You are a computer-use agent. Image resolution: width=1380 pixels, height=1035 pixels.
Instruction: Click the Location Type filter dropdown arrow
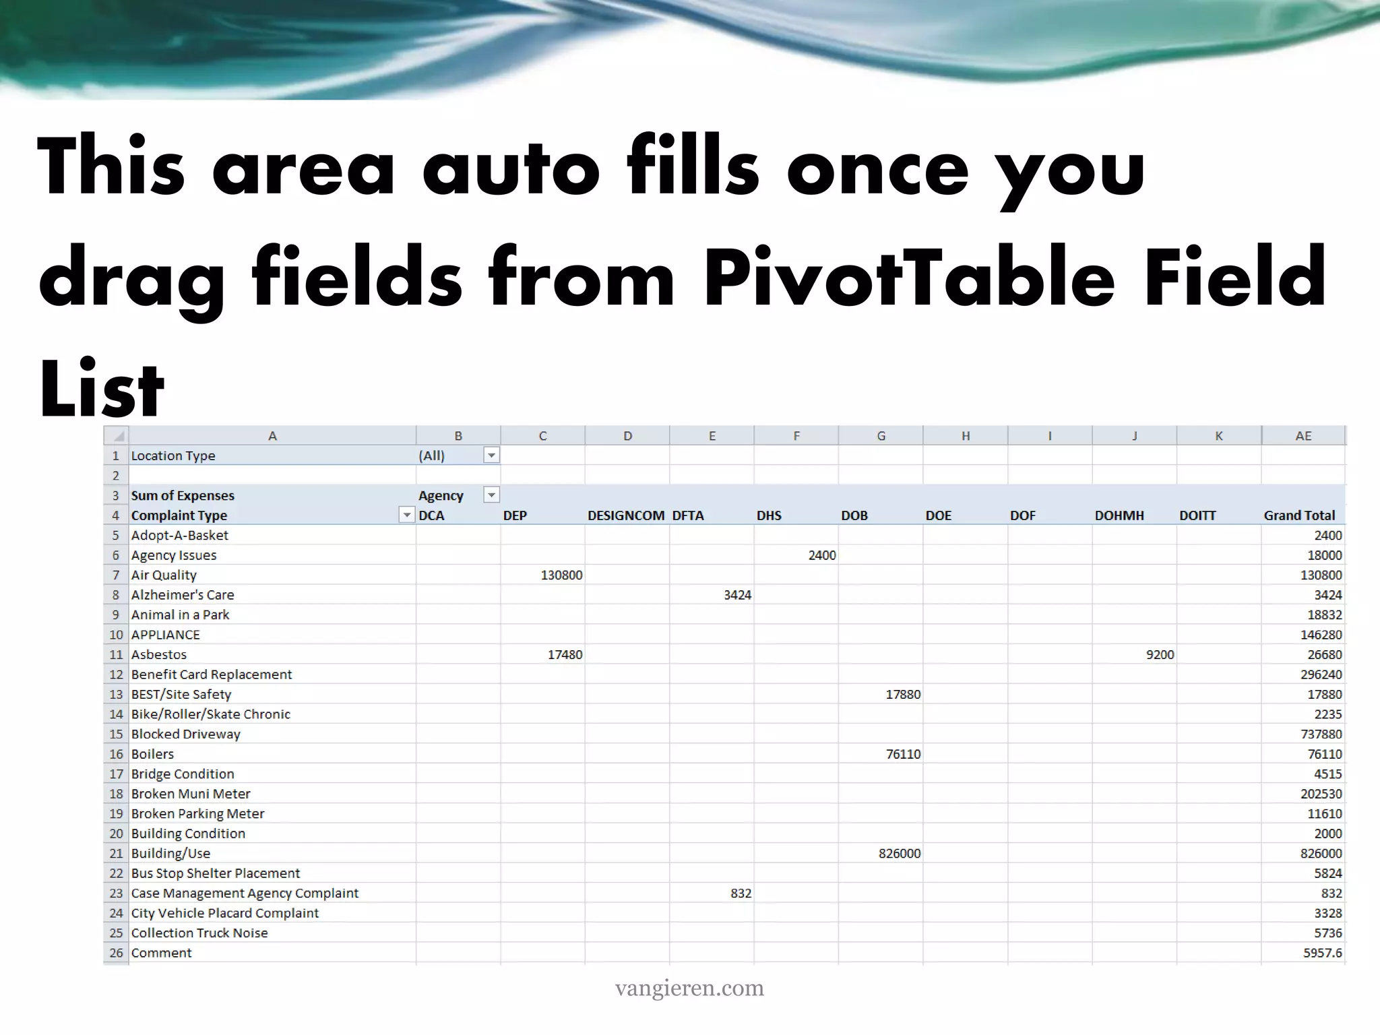click(492, 456)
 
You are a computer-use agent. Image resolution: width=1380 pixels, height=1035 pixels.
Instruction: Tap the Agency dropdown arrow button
click(492, 495)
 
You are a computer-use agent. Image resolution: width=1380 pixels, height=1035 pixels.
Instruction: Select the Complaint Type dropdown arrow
click(407, 515)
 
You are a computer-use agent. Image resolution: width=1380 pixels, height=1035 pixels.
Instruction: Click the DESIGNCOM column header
click(626, 515)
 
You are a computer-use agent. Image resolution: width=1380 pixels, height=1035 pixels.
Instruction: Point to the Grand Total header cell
click(1298, 515)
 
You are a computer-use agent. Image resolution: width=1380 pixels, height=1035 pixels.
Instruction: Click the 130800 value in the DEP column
click(561, 575)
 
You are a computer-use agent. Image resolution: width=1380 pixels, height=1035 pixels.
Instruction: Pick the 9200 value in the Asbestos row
click(1160, 654)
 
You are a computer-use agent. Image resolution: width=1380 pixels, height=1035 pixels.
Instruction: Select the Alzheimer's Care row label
click(183, 595)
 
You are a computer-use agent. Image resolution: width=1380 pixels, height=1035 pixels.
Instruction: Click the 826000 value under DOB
click(899, 853)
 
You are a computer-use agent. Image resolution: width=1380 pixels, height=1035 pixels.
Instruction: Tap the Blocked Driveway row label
click(186, 734)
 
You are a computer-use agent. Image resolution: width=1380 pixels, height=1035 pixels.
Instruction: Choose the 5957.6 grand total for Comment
click(1322, 953)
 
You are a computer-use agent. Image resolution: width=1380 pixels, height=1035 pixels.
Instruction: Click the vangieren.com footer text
click(689, 989)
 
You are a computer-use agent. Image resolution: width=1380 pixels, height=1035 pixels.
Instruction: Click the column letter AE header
click(1303, 436)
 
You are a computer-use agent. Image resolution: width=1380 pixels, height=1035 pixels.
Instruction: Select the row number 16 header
click(116, 754)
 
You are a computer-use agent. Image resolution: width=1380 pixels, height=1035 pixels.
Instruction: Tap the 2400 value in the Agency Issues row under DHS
click(821, 555)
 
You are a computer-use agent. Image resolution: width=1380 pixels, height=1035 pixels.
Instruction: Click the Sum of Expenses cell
click(183, 495)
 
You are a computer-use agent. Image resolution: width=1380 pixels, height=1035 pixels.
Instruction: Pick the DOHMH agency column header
click(1119, 515)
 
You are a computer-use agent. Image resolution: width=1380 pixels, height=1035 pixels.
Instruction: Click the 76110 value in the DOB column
click(903, 754)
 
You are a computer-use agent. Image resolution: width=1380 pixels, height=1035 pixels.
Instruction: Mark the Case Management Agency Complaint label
click(245, 893)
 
